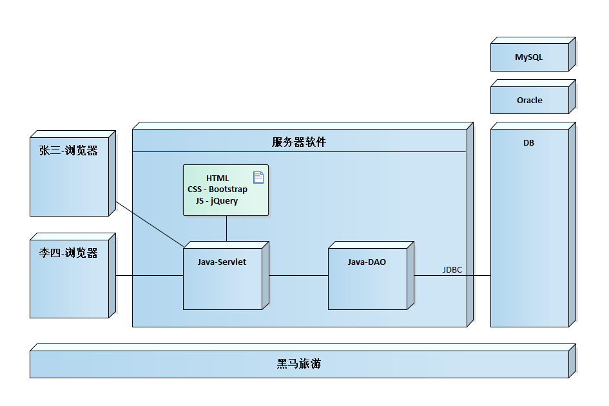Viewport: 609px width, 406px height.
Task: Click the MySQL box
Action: [x=529, y=57]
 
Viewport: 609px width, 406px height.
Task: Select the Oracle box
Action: [x=529, y=100]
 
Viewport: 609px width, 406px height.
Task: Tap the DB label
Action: [x=528, y=143]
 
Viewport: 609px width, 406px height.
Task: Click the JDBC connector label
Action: [x=452, y=270]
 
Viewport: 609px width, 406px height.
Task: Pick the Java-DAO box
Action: [x=367, y=284]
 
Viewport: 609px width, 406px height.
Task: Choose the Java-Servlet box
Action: [x=222, y=284]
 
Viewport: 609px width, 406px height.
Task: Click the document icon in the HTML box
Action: [x=258, y=177]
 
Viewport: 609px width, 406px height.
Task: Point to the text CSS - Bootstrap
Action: [x=217, y=189]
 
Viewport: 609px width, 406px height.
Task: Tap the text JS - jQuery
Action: [x=217, y=200]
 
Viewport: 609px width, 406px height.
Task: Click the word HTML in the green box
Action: [x=217, y=178]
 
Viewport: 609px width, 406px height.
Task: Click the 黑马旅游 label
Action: [x=299, y=364]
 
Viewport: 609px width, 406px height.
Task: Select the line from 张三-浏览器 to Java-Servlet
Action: [x=150, y=225]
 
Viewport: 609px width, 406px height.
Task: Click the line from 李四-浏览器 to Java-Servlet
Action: [x=150, y=276]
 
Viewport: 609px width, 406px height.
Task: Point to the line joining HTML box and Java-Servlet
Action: [x=226, y=228]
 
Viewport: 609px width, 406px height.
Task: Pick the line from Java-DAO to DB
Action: [x=452, y=276]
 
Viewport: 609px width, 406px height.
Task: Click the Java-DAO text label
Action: [x=367, y=262]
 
